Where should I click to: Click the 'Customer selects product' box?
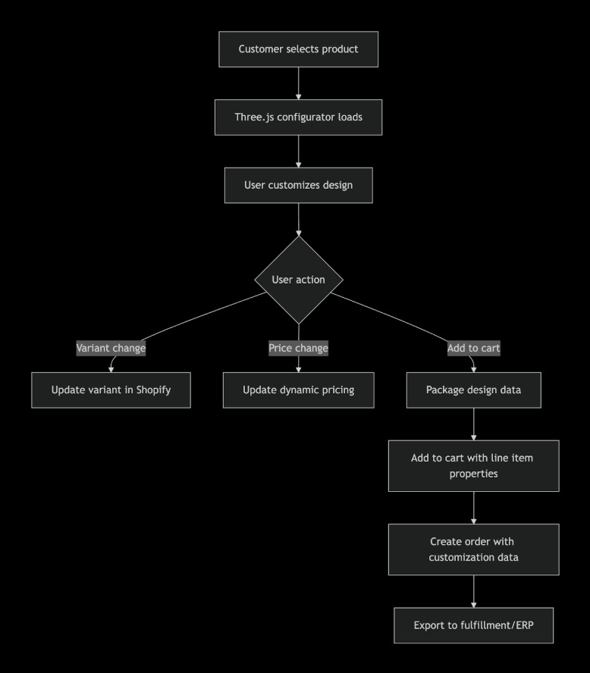(x=298, y=49)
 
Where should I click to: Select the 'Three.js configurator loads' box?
(x=298, y=117)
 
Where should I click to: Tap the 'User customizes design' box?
(x=298, y=186)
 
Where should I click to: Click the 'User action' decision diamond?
(x=298, y=280)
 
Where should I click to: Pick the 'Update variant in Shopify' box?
(x=111, y=390)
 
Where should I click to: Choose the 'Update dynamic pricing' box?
(x=298, y=390)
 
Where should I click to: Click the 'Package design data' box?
(x=473, y=390)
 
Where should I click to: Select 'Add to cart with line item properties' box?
(x=473, y=465)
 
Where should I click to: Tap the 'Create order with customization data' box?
(x=473, y=549)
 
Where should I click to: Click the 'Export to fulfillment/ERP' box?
(x=473, y=625)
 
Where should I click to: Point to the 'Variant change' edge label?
(x=111, y=349)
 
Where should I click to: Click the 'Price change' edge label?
(x=298, y=349)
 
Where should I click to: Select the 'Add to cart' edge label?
(x=473, y=349)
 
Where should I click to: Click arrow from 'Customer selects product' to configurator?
(x=298, y=83)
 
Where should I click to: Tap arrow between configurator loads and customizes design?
(x=298, y=152)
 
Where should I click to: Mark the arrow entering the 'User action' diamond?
(x=298, y=220)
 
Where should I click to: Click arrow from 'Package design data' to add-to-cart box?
(x=473, y=424)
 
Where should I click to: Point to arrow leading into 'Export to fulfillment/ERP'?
(x=473, y=591)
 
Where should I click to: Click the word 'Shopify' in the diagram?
(x=152, y=390)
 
